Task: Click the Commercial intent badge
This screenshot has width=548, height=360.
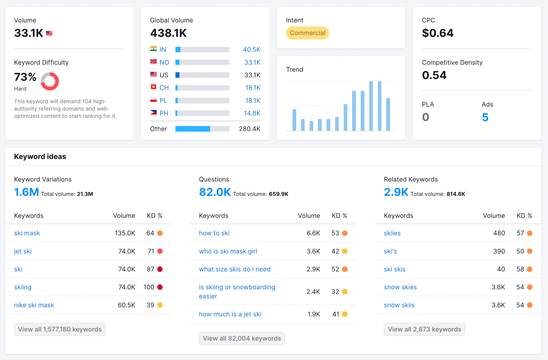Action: (307, 33)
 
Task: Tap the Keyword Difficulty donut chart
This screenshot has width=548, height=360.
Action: (50, 81)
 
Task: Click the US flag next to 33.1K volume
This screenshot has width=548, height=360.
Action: (49, 33)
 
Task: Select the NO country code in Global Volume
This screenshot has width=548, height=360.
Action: (164, 62)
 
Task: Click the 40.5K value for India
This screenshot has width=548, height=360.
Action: (251, 50)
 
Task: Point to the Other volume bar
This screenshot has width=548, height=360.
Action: (202, 129)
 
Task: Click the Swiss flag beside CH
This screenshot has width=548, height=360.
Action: (153, 87)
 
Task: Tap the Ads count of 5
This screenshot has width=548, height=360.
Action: (485, 117)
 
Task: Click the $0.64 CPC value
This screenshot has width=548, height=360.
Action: (437, 33)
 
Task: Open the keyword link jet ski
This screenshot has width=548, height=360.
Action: (23, 251)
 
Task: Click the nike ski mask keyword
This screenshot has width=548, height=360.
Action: (34, 305)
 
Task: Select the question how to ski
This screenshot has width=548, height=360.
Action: (214, 233)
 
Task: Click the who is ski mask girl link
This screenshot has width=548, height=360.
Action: (228, 251)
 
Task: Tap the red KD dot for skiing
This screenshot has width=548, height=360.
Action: (160, 287)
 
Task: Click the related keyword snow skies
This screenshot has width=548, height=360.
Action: (400, 287)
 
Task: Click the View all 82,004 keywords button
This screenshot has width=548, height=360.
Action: (241, 338)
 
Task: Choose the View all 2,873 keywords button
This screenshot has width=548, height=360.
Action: (424, 329)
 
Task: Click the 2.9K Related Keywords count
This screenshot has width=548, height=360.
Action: (396, 192)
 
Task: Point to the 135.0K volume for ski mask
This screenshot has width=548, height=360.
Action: (125, 233)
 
